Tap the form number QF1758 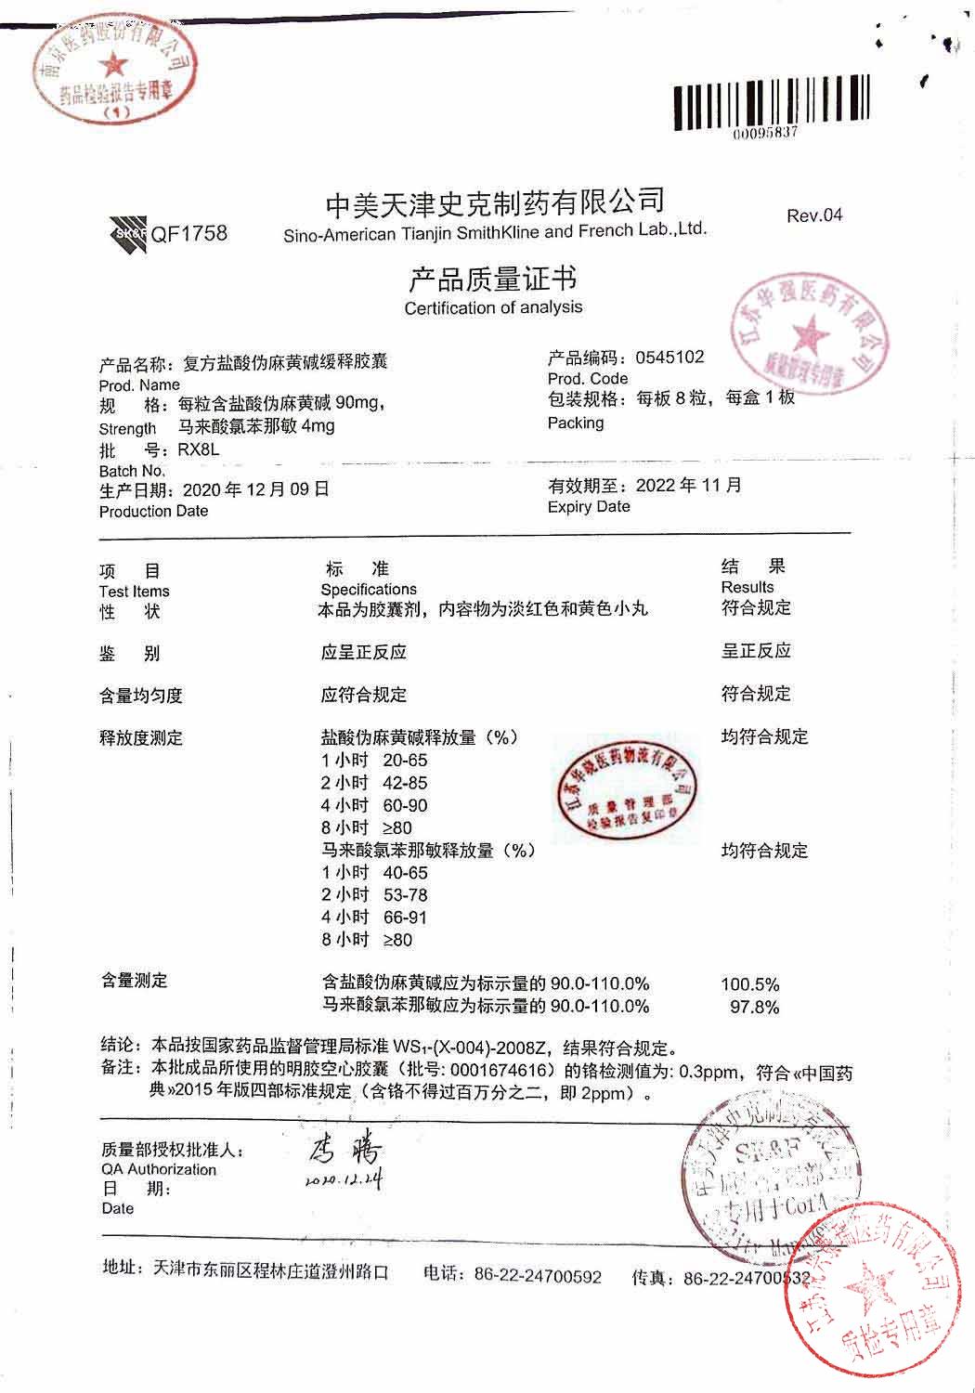coord(188,234)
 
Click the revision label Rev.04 coord(814,215)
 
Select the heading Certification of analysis coord(493,307)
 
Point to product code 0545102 coord(669,358)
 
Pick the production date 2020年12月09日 coord(256,489)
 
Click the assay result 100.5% coord(749,984)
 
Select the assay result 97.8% coord(754,1008)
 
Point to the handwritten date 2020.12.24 coord(343,1180)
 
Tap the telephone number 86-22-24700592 coord(538,1276)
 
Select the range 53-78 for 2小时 coord(405,895)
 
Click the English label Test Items coord(134,592)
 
